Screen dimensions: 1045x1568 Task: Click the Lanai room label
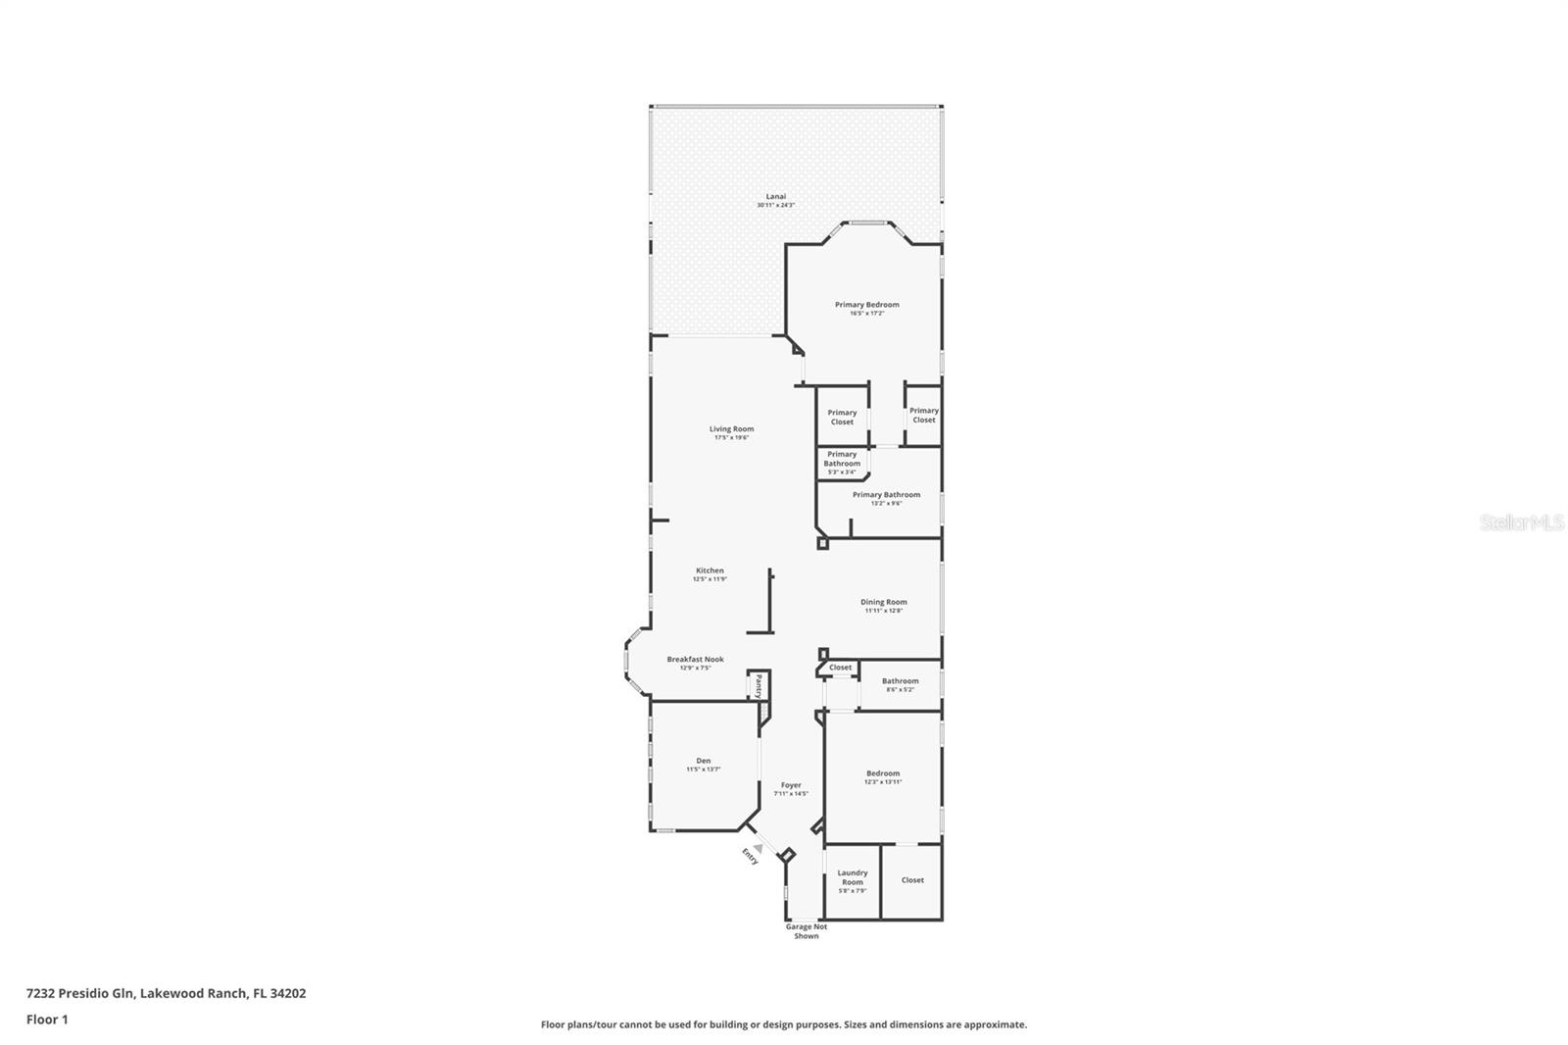pyautogui.click(x=775, y=196)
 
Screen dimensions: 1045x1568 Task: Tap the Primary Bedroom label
pyautogui.click(x=866, y=305)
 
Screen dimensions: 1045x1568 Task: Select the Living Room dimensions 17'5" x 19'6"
pyautogui.click(x=731, y=437)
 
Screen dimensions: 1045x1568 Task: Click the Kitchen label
pyautogui.click(x=710, y=571)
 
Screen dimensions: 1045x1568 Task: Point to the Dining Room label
pyautogui.click(x=883, y=602)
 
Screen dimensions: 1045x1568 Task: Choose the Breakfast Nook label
pyautogui.click(x=695, y=660)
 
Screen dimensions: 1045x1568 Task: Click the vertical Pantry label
pyautogui.click(x=759, y=685)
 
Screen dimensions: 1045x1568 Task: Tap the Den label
pyautogui.click(x=703, y=761)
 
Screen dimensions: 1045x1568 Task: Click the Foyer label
pyautogui.click(x=790, y=785)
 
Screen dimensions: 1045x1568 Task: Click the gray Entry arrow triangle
pyautogui.click(x=757, y=849)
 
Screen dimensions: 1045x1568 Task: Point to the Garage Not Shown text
pyautogui.click(x=806, y=931)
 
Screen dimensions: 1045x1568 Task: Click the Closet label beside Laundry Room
pyautogui.click(x=911, y=880)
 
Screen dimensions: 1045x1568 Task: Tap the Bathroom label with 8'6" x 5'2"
pyautogui.click(x=900, y=681)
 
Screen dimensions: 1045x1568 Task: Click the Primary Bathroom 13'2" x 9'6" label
pyautogui.click(x=886, y=495)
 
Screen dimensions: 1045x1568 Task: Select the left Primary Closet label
pyautogui.click(x=842, y=417)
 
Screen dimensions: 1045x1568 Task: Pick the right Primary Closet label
pyautogui.click(x=923, y=415)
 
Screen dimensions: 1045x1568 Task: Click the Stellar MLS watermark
pyautogui.click(x=1521, y=523)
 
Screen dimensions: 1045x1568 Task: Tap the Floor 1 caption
pyautogui.click(x=47, y=1020)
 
